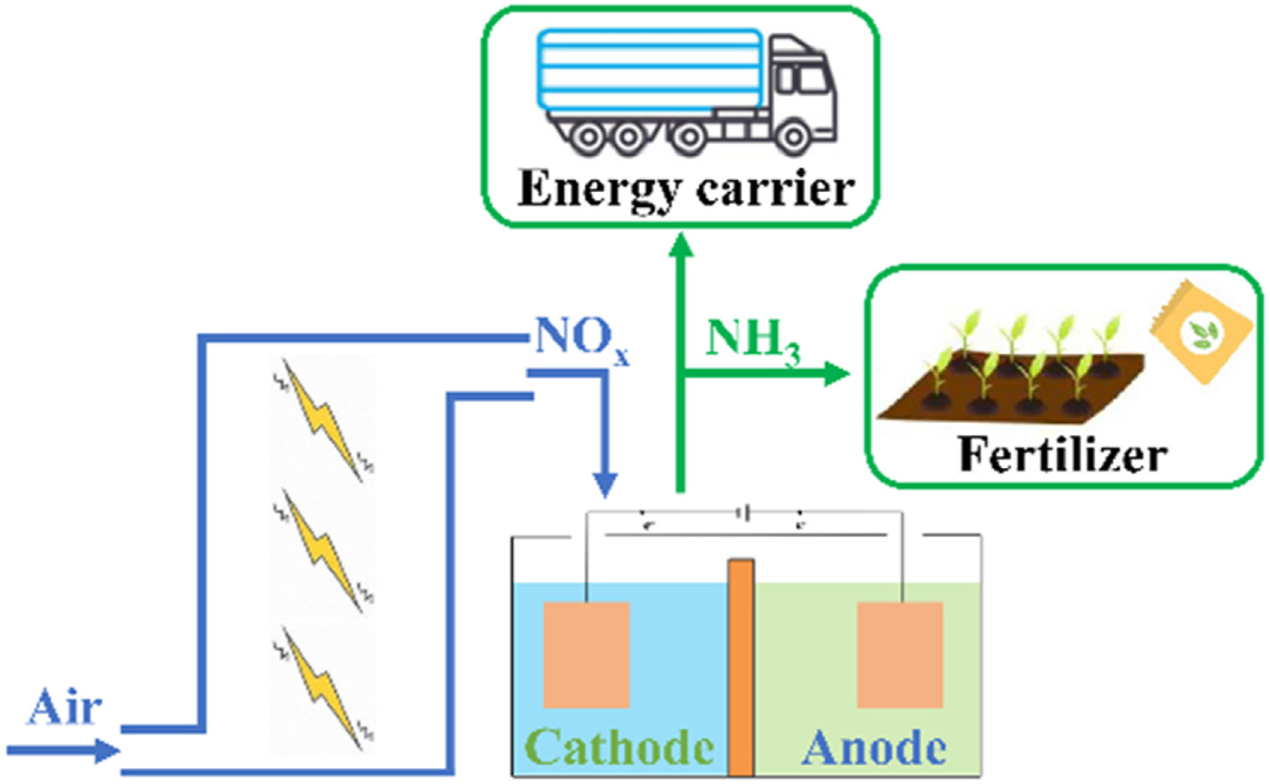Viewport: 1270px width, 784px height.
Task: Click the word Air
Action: click(65, 708)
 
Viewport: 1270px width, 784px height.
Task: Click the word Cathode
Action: click(620, 748)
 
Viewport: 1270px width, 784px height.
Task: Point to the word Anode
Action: click(874, 748)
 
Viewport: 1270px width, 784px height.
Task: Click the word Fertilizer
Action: click(1062, 455)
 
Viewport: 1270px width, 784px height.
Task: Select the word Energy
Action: click(597, 189)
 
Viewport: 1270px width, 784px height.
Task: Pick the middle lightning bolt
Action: click(324, 552)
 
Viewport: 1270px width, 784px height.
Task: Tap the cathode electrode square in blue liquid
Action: click(586, 655)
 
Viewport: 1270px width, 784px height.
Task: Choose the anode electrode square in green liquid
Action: click(900, 655)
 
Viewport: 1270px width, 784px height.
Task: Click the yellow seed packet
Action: click(1201, 332)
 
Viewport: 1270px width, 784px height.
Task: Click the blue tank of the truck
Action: click(650, 70)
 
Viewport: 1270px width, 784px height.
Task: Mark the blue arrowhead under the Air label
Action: click(106, 751)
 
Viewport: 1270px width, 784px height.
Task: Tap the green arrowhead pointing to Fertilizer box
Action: click(835, 373)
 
